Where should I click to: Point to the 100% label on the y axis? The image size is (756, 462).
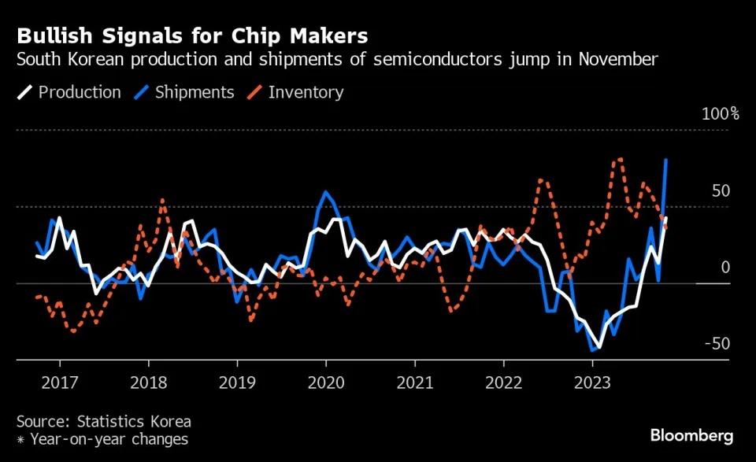point(720,114)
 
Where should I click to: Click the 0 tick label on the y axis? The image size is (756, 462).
point(725,268)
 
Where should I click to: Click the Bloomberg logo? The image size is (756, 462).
point(691,435)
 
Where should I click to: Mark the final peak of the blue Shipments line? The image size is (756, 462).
point(666,160)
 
